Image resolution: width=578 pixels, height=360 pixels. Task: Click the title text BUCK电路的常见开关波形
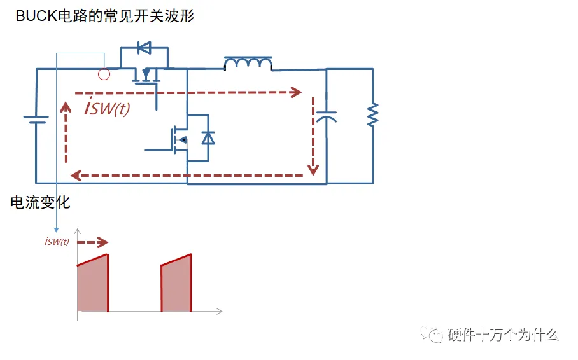click(105, 17)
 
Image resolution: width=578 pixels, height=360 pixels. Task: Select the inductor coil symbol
click(248, 63)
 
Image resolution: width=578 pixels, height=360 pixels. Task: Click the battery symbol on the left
click(36, 120)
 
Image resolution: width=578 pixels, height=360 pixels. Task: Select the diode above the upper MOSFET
click(144, 47)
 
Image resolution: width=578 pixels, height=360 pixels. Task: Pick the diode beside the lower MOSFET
click(208, 137)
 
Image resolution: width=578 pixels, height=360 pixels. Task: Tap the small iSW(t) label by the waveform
click(57, 241)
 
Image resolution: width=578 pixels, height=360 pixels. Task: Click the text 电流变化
click(40, 202)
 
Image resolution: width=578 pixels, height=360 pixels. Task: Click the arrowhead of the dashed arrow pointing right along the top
click(296, 92)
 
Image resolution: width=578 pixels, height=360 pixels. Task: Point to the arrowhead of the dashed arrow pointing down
click(313, 170)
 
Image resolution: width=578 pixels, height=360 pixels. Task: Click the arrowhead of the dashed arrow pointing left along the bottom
click(74, 175)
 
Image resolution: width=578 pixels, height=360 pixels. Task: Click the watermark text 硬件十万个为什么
click(503, 335)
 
